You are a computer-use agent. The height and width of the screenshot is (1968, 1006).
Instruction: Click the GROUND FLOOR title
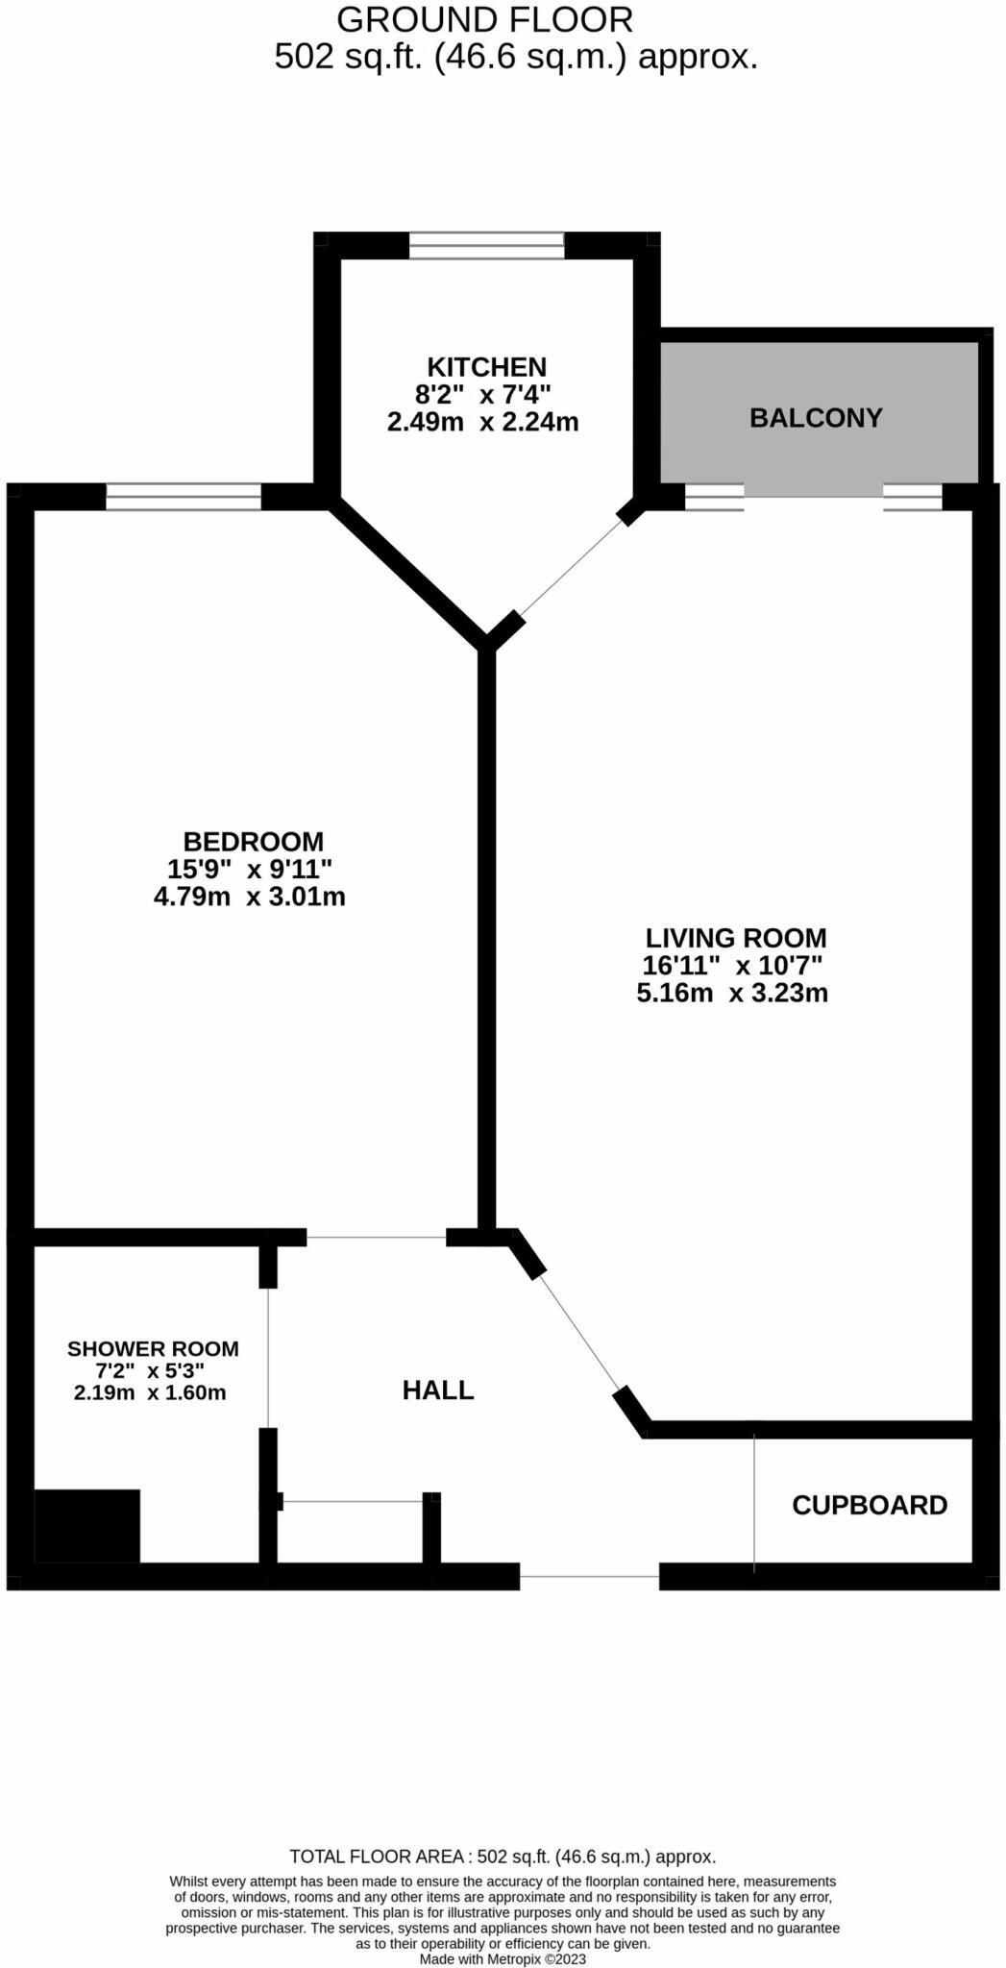pyautogui.click(x=484, y=19)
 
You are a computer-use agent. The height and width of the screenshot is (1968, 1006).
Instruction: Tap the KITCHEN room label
pyautogui.click(x=486, y=367)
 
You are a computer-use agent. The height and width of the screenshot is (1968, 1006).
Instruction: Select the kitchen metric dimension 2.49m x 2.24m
pyautogui.click(x=482, y=421)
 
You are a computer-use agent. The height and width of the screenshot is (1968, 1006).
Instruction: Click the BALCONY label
pyautogui.click(x=816, y=418)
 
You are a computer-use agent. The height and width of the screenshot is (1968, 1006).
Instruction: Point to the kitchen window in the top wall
pyautogui.click(x=486, y=246)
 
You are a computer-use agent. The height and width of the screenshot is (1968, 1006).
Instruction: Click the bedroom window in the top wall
pyautogui.click(x=183, y=497)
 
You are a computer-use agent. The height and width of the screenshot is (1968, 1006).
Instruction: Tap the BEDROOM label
pyautogui.click(x=253, y=842)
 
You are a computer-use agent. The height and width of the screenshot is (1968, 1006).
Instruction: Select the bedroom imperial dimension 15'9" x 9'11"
pyautogui.click(x=250, y=870)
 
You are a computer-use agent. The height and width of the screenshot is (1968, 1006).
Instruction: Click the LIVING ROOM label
pyautogui.click(x=735, y=938)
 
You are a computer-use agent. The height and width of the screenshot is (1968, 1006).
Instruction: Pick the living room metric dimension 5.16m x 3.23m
pyautogui.click(x=732, y=993)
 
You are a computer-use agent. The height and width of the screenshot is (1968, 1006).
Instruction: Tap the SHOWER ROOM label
pyautogui.click(x=153, y=1349)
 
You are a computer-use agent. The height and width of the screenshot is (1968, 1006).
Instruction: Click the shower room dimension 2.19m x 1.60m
pyautogui.click(x=150, y=1392)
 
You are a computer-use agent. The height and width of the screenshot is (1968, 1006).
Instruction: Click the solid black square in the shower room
pyautogui.click(x=87, y=1526)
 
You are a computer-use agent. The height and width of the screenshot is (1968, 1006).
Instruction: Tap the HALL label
pyautogui.click(x=438, y=1390)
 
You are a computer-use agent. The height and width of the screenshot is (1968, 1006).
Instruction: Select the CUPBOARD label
pyautogui.click(x=869, y=1505)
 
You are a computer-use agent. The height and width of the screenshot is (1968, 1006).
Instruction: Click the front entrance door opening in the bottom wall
pyautogui.click(x=589, y=1576)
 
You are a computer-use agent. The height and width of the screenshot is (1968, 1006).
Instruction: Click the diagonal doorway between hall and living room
pyautogui.click(x=580, y=1333)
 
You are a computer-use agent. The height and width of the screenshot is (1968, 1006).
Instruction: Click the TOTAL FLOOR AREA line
pyautogui.click(x=503, y=1857)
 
